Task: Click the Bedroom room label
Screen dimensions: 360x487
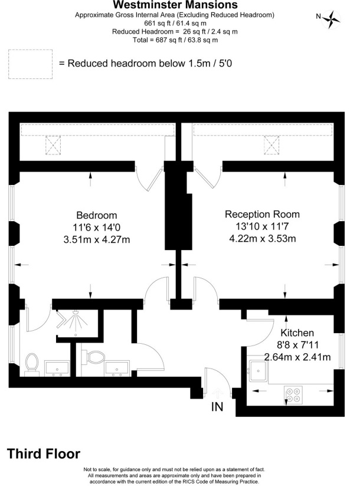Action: tap(97, 215)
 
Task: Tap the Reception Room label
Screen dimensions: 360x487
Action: tap(263, 214)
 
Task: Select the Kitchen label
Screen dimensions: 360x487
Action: tap(297, 333)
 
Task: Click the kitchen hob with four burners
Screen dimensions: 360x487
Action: tap(293, 394)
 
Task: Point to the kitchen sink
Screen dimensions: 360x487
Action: tap(257, 370)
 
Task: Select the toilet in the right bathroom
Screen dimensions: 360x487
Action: tap(93, 357)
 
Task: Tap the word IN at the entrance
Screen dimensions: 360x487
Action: tap(217, 407)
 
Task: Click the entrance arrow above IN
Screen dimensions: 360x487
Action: tap(218, 393)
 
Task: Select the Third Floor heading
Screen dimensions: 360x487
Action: tap(44, 454)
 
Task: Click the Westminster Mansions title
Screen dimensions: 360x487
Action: tap(175, 5)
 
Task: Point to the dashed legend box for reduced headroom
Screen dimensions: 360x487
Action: tap(31, 64)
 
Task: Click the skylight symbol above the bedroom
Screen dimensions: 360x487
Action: tap(53, 145)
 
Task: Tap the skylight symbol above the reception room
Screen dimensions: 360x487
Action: tap(271, 145)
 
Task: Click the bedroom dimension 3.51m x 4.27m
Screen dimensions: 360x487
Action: tap(96, 240)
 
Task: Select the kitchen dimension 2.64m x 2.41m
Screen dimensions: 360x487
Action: tap(297, 357)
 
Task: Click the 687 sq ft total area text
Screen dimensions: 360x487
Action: tap(175, 40)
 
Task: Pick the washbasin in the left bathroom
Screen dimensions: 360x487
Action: tap(57, 368)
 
